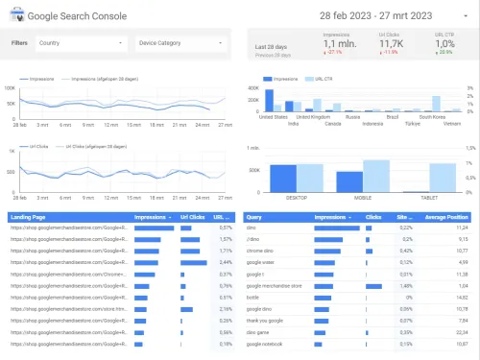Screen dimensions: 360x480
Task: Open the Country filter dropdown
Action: tap(81, 43)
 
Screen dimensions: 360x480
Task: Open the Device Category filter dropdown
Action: tap(180, 43)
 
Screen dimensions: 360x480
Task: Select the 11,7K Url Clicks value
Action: tap(391, 44)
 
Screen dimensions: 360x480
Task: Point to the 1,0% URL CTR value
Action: tap(444, 44)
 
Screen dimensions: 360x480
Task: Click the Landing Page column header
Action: tap(29, 217)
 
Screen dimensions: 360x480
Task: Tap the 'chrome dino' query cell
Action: tap(261, 250)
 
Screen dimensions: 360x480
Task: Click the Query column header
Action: tap(254, 217)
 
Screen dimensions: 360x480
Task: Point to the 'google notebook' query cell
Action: tap(267, 344)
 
